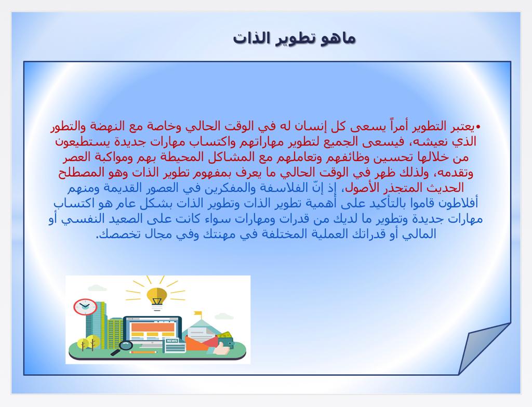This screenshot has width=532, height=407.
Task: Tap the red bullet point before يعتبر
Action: [478, 127]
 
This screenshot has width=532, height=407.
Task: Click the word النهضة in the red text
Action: [105, 126]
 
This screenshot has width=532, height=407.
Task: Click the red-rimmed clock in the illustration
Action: [85, 307]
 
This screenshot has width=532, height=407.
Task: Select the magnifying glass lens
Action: [126, 346]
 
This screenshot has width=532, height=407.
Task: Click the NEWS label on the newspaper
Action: [172, 340]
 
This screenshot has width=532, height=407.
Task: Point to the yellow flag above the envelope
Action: [197, 313]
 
